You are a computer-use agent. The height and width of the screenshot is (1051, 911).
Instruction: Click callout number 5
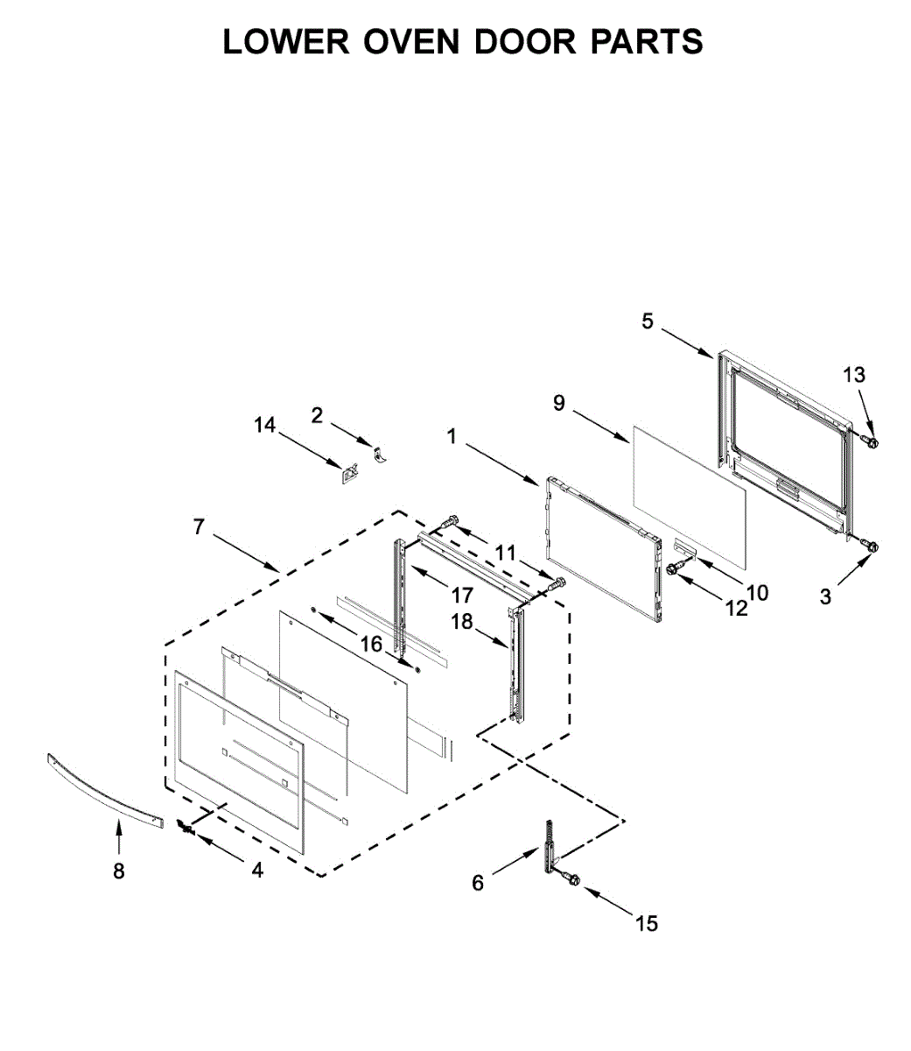(x=647, y=321)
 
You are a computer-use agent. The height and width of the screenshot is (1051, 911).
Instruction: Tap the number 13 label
(x=854, y=375)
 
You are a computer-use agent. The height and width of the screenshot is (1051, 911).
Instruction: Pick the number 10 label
(x=758, y=592)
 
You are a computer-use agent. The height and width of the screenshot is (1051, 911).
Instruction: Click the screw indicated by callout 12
(x=675, y=569)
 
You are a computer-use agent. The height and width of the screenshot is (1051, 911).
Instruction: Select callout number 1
(x=452, y=435)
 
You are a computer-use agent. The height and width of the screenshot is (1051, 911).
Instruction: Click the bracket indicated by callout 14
(x=350, y=474)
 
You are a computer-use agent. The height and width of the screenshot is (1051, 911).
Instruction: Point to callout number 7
(x=199, y=526)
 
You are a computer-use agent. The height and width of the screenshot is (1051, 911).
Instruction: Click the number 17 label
(x=462, y=596)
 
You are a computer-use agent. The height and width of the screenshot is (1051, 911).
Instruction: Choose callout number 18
(x=461, y=622)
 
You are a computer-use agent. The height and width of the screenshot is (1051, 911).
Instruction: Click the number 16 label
(x=371, y=645)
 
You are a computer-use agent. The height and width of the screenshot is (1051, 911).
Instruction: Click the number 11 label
(x=505, y=553)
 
